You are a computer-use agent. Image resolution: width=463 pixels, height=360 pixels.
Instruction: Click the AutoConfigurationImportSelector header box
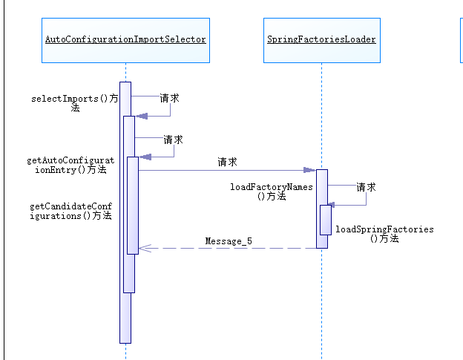pos(125,40)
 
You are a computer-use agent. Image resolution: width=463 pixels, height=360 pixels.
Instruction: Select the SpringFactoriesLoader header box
pos(321,40)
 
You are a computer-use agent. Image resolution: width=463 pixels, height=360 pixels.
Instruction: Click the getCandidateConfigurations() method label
pos(70,211)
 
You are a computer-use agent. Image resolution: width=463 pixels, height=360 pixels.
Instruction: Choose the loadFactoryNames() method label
pos(272,192)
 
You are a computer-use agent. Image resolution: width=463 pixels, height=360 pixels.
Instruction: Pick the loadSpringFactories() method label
pos(384,234)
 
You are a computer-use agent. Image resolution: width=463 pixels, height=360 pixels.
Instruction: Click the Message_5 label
pos(229,241)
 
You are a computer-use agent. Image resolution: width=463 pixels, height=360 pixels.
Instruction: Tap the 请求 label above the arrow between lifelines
pos(227,162)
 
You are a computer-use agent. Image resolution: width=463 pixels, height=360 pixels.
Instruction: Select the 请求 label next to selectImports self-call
pos(169,98)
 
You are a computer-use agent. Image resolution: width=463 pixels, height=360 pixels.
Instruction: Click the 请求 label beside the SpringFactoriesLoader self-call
pos(366,188)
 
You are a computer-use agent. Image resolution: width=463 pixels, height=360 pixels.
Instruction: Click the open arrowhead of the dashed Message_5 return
pos(144,249)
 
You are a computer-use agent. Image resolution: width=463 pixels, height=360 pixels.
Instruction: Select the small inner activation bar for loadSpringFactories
pos(326,220)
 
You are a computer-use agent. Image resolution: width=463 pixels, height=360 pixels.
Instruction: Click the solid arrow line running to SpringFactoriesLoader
pos(223,171)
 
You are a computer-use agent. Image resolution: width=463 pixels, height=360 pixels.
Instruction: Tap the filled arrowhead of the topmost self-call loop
pos(140,115)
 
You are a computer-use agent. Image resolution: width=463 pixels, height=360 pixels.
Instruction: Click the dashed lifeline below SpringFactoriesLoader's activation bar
pos(322,304)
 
